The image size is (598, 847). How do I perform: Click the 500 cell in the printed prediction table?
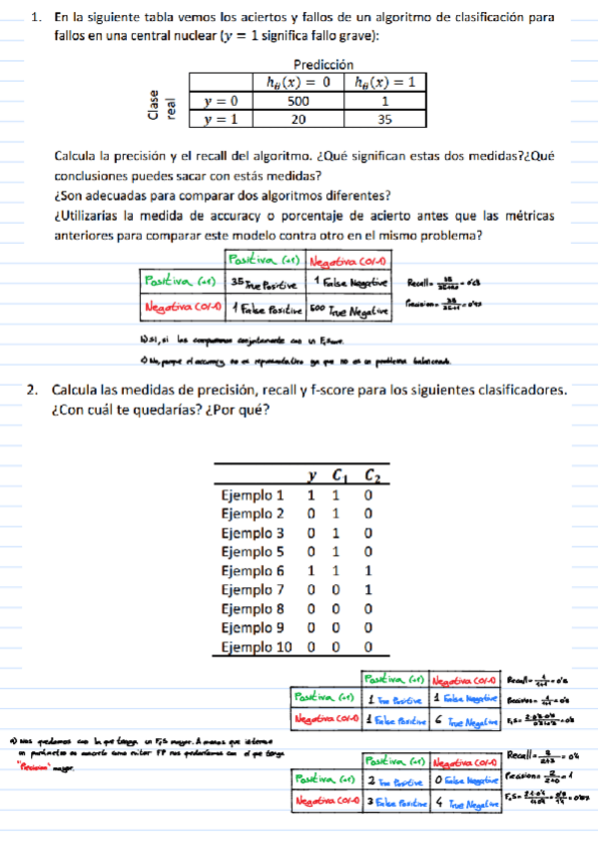tap(299, 101)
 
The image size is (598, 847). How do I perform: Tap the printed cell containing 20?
tap(299, 119)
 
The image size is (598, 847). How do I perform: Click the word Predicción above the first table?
tap(325, 63)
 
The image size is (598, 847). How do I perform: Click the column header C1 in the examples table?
tap(339, 475)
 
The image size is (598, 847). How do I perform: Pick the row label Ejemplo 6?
tap(253, 570)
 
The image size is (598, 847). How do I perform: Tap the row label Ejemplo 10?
tap(256, 646)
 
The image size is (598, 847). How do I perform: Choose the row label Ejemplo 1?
tap(253, 494)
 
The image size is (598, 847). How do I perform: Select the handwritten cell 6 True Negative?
tap(466, 717)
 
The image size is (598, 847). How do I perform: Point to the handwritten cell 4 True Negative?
tap(466, 800)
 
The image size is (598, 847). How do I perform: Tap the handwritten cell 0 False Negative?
tap(466, 776)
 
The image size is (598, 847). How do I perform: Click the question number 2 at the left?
tap(32, 389)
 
